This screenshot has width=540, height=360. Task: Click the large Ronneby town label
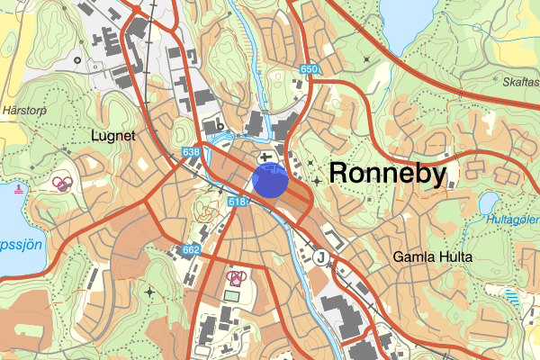tap(388, 173)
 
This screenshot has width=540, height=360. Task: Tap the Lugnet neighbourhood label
tap(112, 136)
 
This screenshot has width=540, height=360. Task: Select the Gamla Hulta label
tap(427, 256)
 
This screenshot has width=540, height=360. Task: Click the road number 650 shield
tap(310, 69)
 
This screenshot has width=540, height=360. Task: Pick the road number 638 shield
tap(190, 153)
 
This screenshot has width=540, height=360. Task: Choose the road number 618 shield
tap(238, 202)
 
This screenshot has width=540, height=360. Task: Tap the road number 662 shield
tap(191, 249)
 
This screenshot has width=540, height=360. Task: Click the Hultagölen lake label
tap(514, 219)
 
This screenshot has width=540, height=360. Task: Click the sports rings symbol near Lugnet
tap(62, 184)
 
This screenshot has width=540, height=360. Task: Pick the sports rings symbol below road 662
tap(236, 278)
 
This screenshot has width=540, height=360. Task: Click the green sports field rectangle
tap(233, 294)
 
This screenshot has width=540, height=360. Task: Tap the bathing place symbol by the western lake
tap(20, 189)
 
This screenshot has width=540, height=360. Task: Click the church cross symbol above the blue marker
tap(267, 157)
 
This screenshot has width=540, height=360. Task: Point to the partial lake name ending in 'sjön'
tap(18, 245)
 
